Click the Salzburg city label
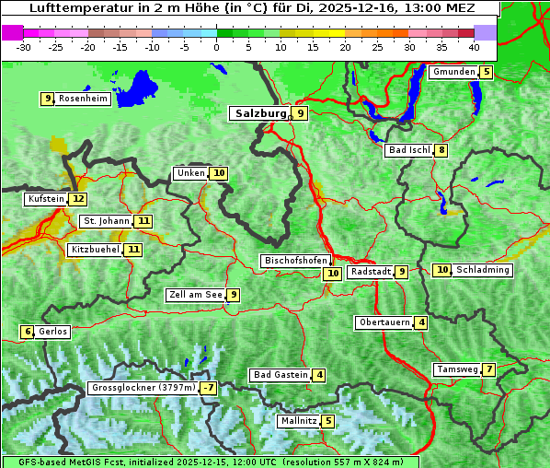tap(259, 113)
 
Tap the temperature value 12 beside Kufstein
tap(78, 199)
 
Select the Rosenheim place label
tap(83, 99)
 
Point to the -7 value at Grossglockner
tap(209, 388)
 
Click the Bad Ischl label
tap(408, 150)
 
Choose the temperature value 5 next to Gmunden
tap(487, 72)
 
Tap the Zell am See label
tap(195, 295)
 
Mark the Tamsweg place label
tap(456, 369)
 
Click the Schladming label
tap(483, 270)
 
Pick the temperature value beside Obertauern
tap(420, 322)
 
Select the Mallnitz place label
tap(298, 421)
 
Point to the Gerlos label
tap(53, 332)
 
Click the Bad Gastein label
tap(281, 375)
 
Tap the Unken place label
tap(190, 173)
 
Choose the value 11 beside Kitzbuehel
tap(133, 250)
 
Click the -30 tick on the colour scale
tap(24, 46)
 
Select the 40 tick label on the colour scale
tap(474, 46)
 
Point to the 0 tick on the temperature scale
tap(217, 46)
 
